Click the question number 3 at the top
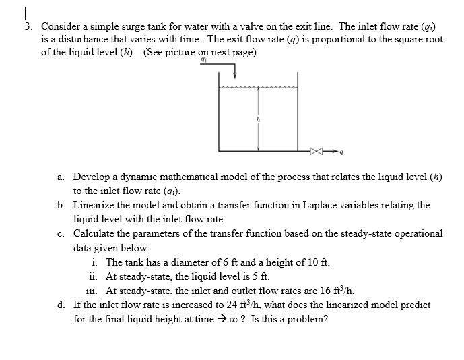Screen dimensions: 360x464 point(28,26)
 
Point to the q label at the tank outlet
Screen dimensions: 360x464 point(343,152)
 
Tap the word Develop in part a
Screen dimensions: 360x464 point(93,177)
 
